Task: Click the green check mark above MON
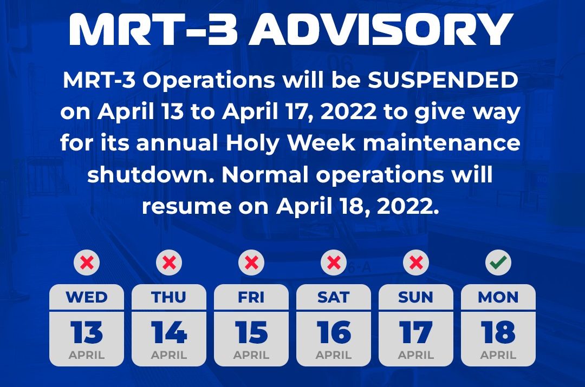498,263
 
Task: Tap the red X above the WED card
87,263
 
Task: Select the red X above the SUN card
416,263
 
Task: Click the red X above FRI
251,263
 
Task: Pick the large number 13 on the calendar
87,332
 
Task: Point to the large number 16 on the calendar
334,332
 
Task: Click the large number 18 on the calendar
498,332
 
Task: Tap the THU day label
168,297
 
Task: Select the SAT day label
334,297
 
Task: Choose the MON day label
498,297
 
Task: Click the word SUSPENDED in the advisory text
443,80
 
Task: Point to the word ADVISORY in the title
381,29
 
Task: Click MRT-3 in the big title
153,29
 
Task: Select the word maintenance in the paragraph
441,143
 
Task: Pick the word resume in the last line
186,207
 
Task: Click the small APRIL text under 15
251,355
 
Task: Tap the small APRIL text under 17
416,355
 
